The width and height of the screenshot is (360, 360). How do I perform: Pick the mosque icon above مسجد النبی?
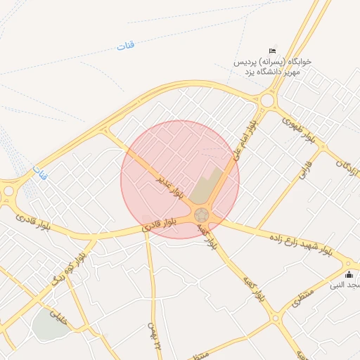(349, 274)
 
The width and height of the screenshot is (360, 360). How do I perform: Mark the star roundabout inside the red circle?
(202, 214)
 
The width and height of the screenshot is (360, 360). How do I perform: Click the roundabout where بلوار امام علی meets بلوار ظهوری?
(266, 101)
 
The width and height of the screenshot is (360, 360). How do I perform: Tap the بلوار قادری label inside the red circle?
(160, 224)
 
